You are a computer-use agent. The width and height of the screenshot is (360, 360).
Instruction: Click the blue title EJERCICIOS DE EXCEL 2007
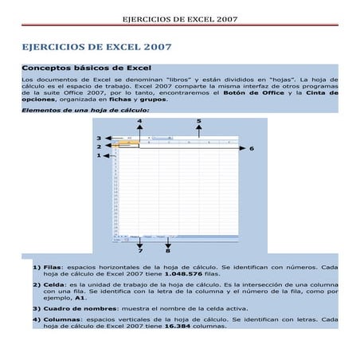coord(96,48)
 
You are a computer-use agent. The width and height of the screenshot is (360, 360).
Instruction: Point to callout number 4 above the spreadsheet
coord(139,121)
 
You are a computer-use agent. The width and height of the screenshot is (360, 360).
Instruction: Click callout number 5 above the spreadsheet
coord(198,121)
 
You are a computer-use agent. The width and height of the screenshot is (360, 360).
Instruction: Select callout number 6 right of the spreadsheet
coord(252,148)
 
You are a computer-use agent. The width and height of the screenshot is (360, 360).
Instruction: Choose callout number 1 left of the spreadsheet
coord(99,156)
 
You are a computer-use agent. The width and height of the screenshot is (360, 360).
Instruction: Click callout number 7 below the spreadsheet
coord(139,252)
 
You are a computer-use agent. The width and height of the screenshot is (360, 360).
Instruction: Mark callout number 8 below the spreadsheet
coord(168,252)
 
